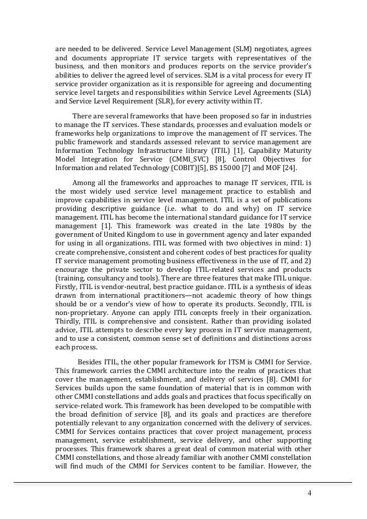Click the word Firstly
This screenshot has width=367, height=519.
[66, 286]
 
